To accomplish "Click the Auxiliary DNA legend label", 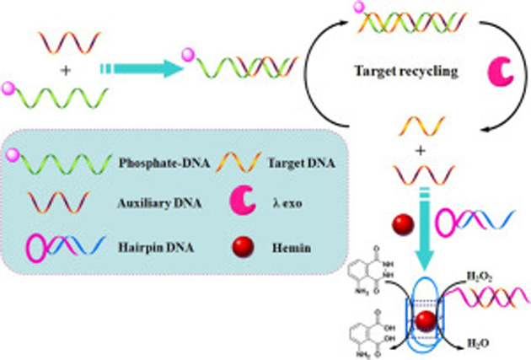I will [x=149, y=203].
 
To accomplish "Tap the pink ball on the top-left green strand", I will [x=8, y=86].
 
